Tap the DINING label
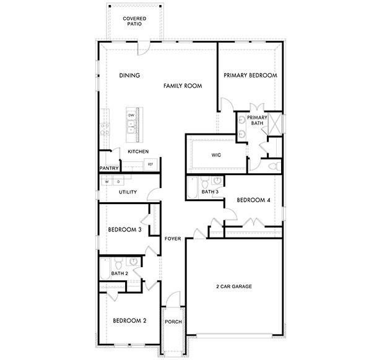129,76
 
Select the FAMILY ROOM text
183,86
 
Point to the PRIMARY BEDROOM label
250,75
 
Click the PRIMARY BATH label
257,120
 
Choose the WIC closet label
216,155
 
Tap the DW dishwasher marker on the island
131,116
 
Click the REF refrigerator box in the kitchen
150,165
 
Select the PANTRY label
109,168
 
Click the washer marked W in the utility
106,182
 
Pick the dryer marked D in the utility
118,182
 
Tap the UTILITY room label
128,192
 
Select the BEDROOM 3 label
125,229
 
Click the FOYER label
173,239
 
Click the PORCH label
172,322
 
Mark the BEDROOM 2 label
129,320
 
